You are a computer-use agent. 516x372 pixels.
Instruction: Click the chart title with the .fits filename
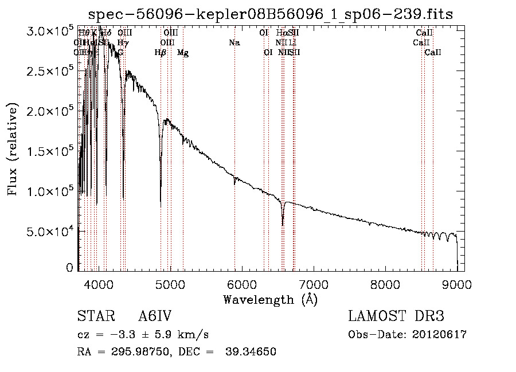click(x=271, y=15)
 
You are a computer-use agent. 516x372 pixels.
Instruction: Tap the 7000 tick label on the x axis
click(x=314, y=284)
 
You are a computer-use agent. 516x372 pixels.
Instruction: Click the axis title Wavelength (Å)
click(x=270, y=299)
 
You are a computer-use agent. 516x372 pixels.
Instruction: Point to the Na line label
click(x=234, y=42)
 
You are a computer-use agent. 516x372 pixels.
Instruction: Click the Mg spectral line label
click(x=183, y=53)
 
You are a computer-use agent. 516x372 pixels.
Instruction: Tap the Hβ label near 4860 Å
click(x=161, y=53)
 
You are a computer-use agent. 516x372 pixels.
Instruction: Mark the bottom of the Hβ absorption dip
click(x=161, y=205)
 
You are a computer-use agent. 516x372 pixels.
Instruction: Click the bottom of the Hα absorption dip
click(x=282, y=224)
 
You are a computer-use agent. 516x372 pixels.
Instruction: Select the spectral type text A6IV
click(x=155, y=316)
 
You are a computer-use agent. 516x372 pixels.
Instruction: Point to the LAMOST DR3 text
click(x=396, y=316)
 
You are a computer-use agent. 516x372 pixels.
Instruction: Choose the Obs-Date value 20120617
click(x=442, y=335)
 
